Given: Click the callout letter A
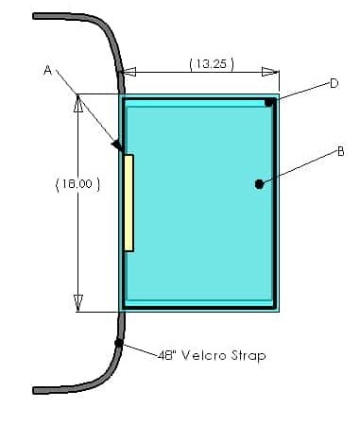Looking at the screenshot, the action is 47,70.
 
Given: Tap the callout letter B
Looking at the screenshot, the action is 340,152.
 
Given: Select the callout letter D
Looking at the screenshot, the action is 334,83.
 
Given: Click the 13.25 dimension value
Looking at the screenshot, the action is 213,64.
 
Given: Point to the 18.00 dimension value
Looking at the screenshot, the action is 77,183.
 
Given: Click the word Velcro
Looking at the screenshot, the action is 204,356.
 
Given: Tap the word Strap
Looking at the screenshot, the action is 249,356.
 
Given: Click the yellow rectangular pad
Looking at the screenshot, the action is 129,203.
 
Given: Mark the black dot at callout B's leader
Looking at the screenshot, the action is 259,184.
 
